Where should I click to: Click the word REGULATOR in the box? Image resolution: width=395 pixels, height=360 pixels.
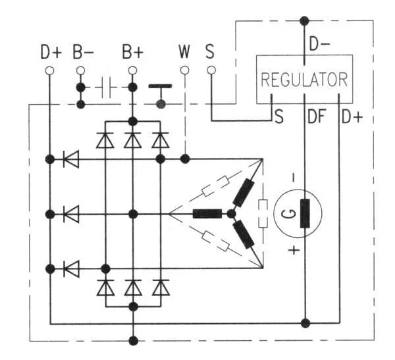click(304, 80)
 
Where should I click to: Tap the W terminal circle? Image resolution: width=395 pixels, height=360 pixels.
click(184, 70)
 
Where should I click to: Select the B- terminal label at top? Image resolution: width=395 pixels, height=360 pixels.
click(83, 52)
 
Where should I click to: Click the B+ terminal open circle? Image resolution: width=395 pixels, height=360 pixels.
click(132, 70)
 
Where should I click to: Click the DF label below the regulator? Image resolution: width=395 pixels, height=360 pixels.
click(317, 116)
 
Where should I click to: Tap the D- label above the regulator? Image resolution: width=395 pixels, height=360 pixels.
click(319, 43)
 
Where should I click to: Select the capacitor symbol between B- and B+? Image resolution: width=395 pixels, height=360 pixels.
click(107, 88)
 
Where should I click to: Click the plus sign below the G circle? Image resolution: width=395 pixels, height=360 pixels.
click(294, 250)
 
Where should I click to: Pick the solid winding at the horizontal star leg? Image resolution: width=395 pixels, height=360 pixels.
click(207, 214)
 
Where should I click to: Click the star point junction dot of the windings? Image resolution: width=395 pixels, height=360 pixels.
click(231, 214)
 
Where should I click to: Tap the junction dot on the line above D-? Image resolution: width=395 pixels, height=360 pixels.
click(304, 20)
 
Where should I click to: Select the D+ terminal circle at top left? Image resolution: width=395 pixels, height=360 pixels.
click(49, 70)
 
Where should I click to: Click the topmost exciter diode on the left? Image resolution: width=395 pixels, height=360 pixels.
click(71, 159)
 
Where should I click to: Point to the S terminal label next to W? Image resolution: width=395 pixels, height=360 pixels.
click(210, 51)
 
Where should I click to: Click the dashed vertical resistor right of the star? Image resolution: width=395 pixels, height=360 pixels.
click(263, 214)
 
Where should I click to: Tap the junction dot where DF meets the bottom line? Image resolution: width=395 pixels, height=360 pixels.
click(305, 323)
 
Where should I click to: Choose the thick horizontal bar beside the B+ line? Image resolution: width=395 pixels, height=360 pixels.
click(160, 86)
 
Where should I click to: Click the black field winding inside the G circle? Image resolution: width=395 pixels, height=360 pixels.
click(305, 213)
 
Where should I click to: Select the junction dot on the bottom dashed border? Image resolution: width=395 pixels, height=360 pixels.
click(133, 341)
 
